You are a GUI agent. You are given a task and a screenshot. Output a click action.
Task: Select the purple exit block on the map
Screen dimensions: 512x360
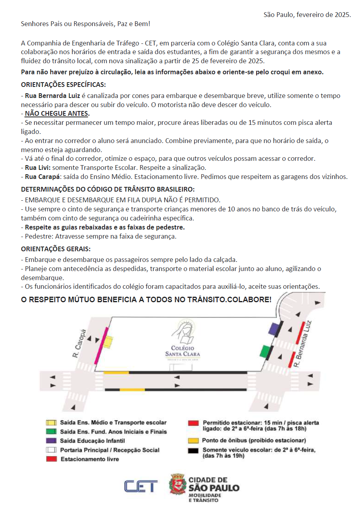point(273,328)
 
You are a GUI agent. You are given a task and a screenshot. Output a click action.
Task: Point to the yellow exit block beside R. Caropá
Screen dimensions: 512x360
point(108,342)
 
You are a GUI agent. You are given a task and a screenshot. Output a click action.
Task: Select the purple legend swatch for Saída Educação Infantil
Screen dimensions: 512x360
point(50,440)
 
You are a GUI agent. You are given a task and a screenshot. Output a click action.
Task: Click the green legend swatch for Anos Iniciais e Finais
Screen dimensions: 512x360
point(50,431)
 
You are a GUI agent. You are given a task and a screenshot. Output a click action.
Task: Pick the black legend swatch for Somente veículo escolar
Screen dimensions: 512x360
point(193,450)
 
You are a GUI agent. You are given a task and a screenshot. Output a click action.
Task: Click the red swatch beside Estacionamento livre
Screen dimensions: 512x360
point(50,459)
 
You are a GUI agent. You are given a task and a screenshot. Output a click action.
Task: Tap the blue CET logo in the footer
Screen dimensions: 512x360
point(141,486)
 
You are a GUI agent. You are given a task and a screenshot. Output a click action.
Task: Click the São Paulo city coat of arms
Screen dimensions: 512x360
point(178,484)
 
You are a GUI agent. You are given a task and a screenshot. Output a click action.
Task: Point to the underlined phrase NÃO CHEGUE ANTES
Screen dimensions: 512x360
point(57,114)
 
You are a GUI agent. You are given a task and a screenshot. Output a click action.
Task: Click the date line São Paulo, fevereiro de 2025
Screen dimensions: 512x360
point(307,15)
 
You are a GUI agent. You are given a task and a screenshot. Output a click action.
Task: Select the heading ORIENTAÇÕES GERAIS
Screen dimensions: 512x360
point(56,249)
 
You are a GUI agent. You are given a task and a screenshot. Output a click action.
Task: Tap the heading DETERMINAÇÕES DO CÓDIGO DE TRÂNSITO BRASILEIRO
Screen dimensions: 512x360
point(108,190)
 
